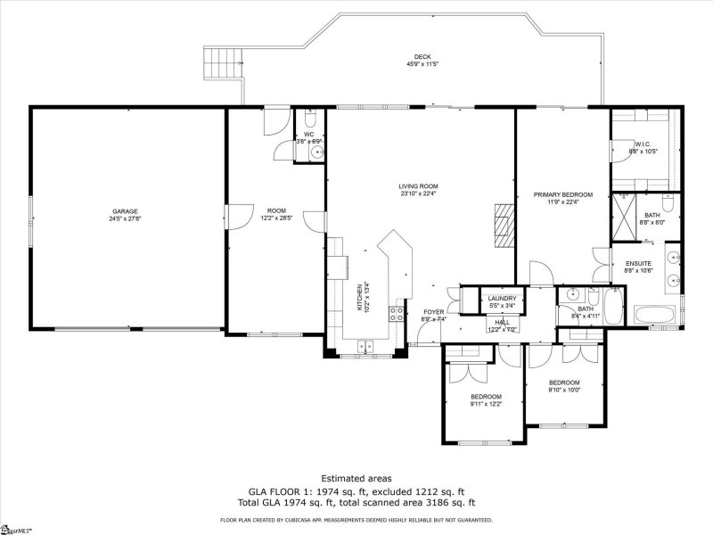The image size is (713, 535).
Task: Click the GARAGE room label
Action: tap(125, 211)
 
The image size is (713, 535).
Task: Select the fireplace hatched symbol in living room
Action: tap(505, 224)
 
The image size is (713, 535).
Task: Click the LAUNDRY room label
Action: tap(504, 299)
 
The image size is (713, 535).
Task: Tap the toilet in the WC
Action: tap(308, 119)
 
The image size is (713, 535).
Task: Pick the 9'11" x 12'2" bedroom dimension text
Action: tap(486, 404)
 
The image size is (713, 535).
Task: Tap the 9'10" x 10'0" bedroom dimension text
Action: tap(563, 390)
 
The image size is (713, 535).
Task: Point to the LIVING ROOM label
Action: tap(418, 186)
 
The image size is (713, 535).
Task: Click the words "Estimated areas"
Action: tap(356, 478)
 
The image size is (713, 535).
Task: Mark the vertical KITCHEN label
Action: tap(360, 297)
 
